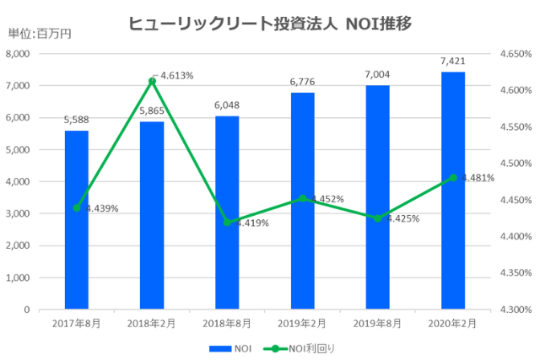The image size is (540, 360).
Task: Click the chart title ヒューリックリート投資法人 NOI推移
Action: tap(269, 24)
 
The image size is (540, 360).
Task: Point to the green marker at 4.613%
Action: tap(152, 81)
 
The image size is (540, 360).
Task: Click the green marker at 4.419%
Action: tap(227, 223)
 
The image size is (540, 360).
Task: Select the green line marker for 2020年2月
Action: tap(453, 177)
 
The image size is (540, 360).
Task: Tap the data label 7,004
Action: tap(378, 75)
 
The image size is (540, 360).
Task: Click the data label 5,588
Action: tap(76, 121)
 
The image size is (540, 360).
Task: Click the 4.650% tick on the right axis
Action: tap(514, 53)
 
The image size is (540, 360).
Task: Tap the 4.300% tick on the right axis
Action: tap(514, 309)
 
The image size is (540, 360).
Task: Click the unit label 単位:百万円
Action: tap(40, 33)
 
